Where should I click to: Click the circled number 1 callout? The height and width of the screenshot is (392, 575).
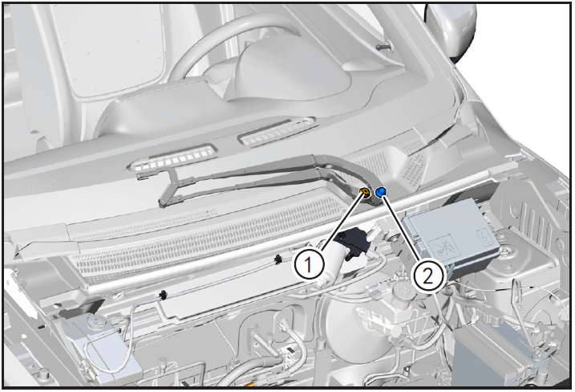point(309,265)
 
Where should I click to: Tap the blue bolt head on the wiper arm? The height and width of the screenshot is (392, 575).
point(382,191)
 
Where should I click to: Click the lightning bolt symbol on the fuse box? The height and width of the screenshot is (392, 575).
point(482,236)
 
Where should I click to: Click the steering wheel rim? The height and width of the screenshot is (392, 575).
point(205,47)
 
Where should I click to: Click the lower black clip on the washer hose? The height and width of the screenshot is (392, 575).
point(162,295)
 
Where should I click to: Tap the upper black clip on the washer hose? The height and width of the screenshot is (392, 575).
point(277,260)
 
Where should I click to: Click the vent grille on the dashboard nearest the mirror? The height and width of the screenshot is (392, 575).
point(277,131)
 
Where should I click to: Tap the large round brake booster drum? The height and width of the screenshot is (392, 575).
point(352,331)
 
